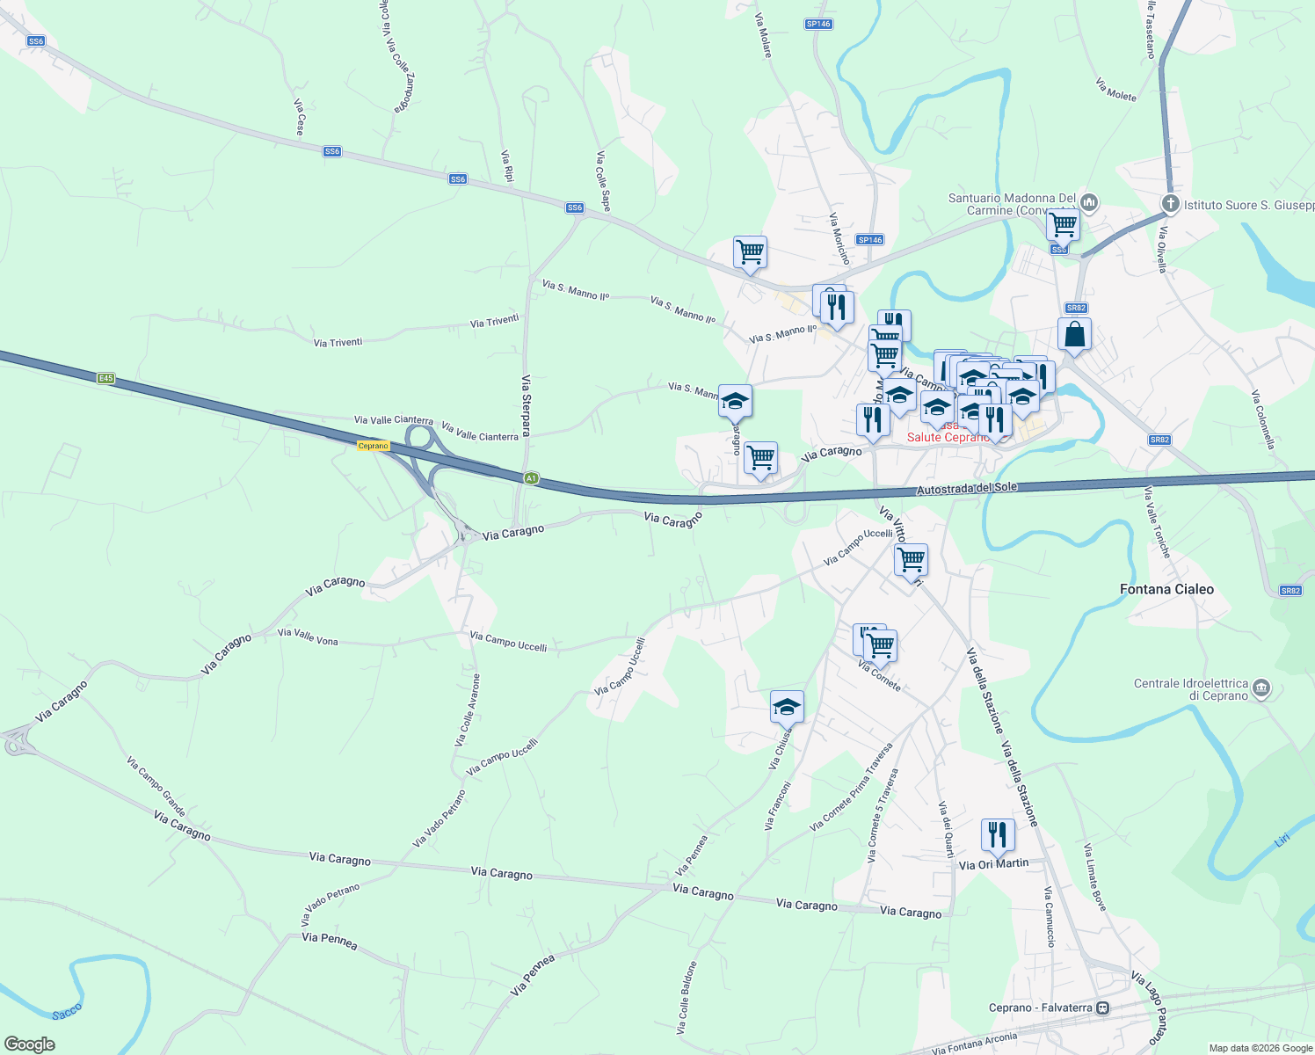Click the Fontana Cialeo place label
coord(1166,589)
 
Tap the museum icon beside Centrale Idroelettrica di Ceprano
coord(1261,688)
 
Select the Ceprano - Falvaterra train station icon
coord(1102,1008)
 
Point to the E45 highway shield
coord(105,378)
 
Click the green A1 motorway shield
coord(530,479)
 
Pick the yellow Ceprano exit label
coord(374,446)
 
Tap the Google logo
coord(29,1044)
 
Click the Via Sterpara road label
coord(526,405)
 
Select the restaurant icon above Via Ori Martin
coord(997,835)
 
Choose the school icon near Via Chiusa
coord(787,707)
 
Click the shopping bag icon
coord(1074,335)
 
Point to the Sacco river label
coord(67,1012)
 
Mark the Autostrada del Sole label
coord(967,489)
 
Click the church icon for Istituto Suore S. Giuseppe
coord(1170,204)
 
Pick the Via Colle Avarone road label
coord(467,710)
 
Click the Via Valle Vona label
coord(308,637)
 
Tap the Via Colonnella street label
coord(1263,419)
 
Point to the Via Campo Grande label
coord(156,786)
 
